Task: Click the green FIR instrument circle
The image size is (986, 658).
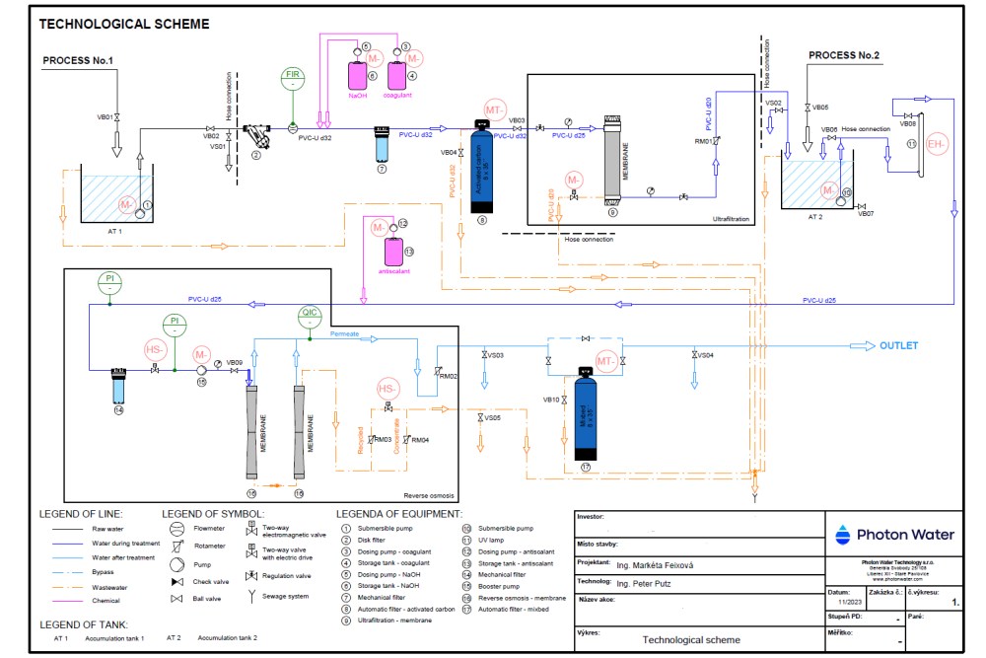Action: click(293, 79)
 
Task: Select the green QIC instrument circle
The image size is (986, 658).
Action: click(310, 317)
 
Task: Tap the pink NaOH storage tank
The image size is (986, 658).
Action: click(357, 75)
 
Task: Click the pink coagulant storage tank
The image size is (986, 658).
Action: click(400, 74)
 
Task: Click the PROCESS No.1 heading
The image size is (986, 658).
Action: click(78, 61)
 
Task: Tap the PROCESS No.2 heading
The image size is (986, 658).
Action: click(843, 55)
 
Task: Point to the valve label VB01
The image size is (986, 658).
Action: click(104, 117)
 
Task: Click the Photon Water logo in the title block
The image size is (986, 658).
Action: click(895, 535)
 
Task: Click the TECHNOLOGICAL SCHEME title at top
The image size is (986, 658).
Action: click(123, 23)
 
